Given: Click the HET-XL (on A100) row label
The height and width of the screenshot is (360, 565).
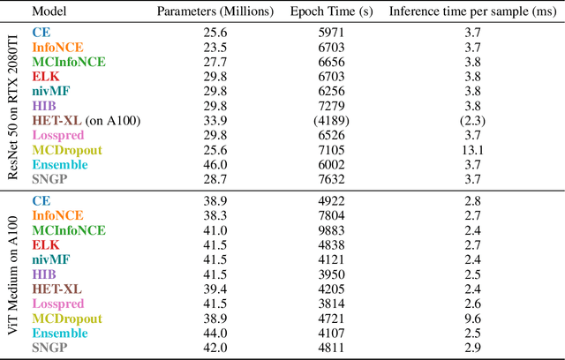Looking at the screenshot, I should [86, 120].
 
